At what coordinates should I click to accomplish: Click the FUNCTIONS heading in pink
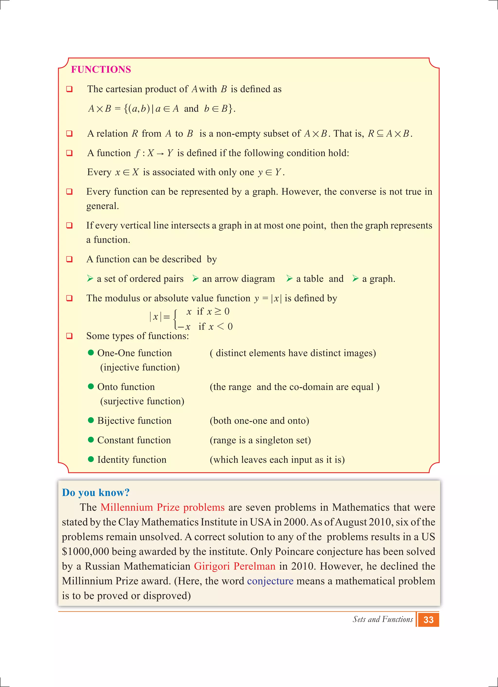coord(101,69)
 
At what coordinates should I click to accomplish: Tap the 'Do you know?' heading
coord(96,492)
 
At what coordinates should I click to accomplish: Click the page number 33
coord(428,620)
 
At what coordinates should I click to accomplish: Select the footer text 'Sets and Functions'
coord(382,619)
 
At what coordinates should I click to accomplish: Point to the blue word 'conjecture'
coord(270,581)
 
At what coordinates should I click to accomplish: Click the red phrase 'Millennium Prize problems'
coord(162,507)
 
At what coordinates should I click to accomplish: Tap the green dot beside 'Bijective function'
coord(91,420)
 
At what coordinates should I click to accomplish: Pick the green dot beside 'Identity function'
coord(91,459)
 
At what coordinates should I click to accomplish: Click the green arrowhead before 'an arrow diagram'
coord(196,278)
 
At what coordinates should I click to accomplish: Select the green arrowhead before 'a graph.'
coord(356,278)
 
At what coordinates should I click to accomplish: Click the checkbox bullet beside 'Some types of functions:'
coord(70,336)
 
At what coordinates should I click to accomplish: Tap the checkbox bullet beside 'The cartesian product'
coord(70,89)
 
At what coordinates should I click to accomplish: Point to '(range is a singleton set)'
coord(260,440)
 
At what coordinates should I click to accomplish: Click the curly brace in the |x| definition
coord(176,319)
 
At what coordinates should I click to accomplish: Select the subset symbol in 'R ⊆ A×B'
coord(380,134)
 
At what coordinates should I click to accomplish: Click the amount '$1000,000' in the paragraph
coord(85,552)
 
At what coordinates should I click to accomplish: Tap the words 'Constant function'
coord(134,440)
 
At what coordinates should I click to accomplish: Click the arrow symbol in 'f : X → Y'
coord(160,154)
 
